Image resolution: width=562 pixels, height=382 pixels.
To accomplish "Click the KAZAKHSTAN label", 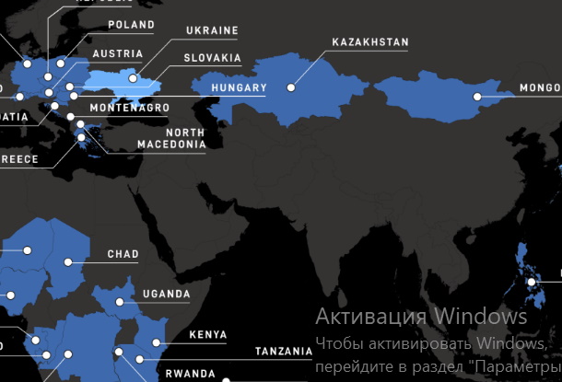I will [x=370, y=42].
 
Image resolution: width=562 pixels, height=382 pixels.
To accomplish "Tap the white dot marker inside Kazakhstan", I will [x=291, y=88].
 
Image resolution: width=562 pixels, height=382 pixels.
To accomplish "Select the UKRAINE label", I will [x=212, y=30].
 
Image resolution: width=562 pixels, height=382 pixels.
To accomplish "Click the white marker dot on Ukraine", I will [x=133, y=78].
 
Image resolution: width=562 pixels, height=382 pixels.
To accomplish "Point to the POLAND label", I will [x=131, y=25].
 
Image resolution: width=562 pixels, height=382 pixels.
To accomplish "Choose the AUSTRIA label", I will [x=118, y=54].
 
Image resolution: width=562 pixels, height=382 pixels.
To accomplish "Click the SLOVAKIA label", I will [x=213, y=58].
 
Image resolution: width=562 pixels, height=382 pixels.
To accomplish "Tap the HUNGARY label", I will [x=238, y=89].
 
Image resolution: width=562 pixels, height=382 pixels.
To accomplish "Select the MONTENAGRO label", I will [x=131, y=108].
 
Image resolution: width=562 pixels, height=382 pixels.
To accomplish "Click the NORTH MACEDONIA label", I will [x=171, y=138].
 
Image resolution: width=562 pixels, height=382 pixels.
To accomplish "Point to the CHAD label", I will [x=123, y=254].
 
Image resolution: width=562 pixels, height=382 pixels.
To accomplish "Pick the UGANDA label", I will [x=166, y=295].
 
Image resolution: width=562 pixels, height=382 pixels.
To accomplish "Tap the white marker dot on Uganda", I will [x=120, y=302].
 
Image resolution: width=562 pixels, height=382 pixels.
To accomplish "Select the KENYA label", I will [x=207, y=334].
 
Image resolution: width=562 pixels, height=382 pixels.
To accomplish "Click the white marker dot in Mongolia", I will [x=477, y=97].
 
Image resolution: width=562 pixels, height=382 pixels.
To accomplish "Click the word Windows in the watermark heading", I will [x=480, y=317].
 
